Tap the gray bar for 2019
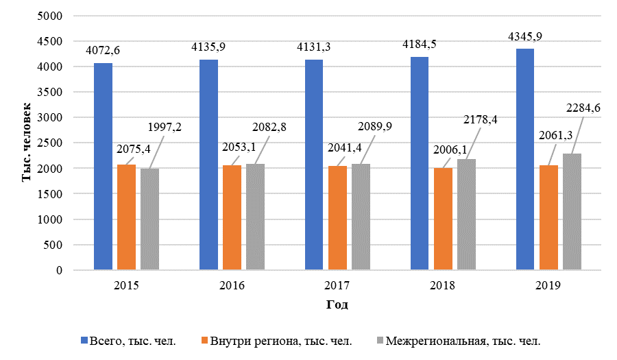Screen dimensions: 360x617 coord(572,212)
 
